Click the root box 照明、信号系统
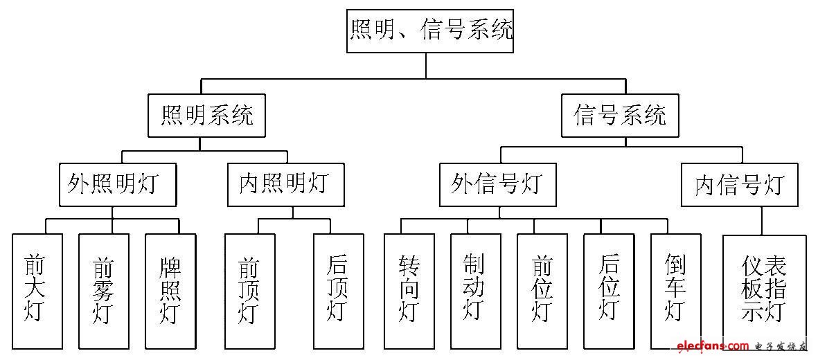point(430,30)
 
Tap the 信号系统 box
point(620,116)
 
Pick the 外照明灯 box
point(118,185)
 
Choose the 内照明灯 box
point(285,185)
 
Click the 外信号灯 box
point(497,185)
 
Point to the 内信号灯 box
point(739,185)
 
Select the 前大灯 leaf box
point(37,291)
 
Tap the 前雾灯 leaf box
point(104,291)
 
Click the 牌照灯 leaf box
point(170,291)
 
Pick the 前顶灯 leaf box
point(249,291)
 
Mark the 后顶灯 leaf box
point(339,291)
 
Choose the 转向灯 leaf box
point(409,291)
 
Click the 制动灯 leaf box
point(476,291)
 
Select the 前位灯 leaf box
point(542,291)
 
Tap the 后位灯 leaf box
point(609,291)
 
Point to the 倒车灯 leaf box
point(675,291)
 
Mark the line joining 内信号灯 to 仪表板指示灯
point(763,221)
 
